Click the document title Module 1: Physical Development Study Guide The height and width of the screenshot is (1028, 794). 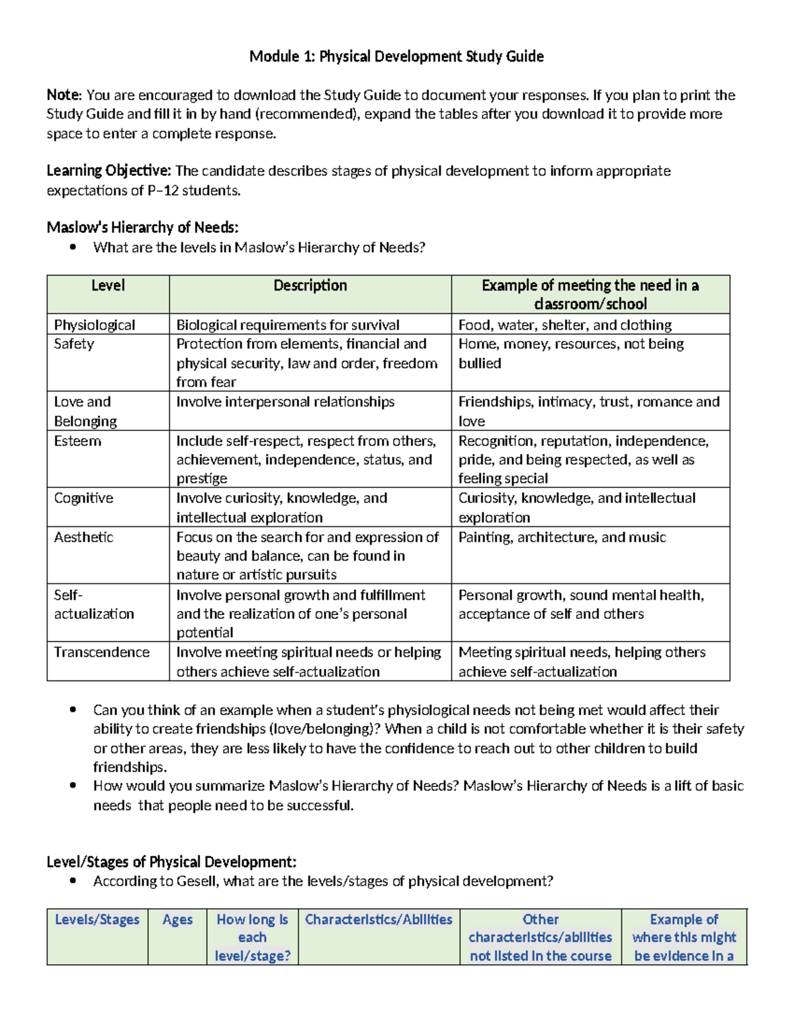pyautogui.click(x=396, y=56)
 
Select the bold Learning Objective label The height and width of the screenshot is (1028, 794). pyautogui.click(x=109, y=171)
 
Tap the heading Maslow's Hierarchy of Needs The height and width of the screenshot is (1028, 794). pyautogui.click(x=142, y=228)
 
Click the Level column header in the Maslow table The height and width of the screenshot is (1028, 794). pyautogui.click(x=108, y=285)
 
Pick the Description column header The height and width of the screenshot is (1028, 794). pyautogui.click(x=310, y=285)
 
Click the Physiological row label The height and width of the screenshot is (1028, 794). pyautogui.click(x=95, y=325)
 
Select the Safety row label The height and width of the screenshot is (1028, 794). pyautogui.click(x=74, y=344)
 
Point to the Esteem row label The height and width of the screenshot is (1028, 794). pyautogui.click(x=77, y=442)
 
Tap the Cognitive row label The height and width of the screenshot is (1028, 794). pyautogui.click(x=83, y=498)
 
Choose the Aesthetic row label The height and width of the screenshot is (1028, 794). pyautogui.click(x=83, y=537)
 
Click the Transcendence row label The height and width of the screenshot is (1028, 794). pyautogui.click(x=102, y=653)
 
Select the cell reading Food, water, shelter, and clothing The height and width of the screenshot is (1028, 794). pyautogui.click(x=565, y=325)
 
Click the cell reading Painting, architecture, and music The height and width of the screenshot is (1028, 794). pyautogui.click(x=562, y=537)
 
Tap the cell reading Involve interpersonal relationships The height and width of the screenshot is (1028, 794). pyautogui.click(x=285, y=402)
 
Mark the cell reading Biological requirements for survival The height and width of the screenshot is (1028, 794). pyautogui.click(x=288, y=325)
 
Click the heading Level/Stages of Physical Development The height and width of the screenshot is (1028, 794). pyautogui.click(x=171, y=862)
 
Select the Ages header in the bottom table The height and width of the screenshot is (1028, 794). pyautogui.click(x=177, y=919)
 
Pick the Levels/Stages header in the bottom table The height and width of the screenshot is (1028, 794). pyautogui.click(x=97, y=919)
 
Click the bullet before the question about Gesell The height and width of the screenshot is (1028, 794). pyautogui.click(x=73, y=881)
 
